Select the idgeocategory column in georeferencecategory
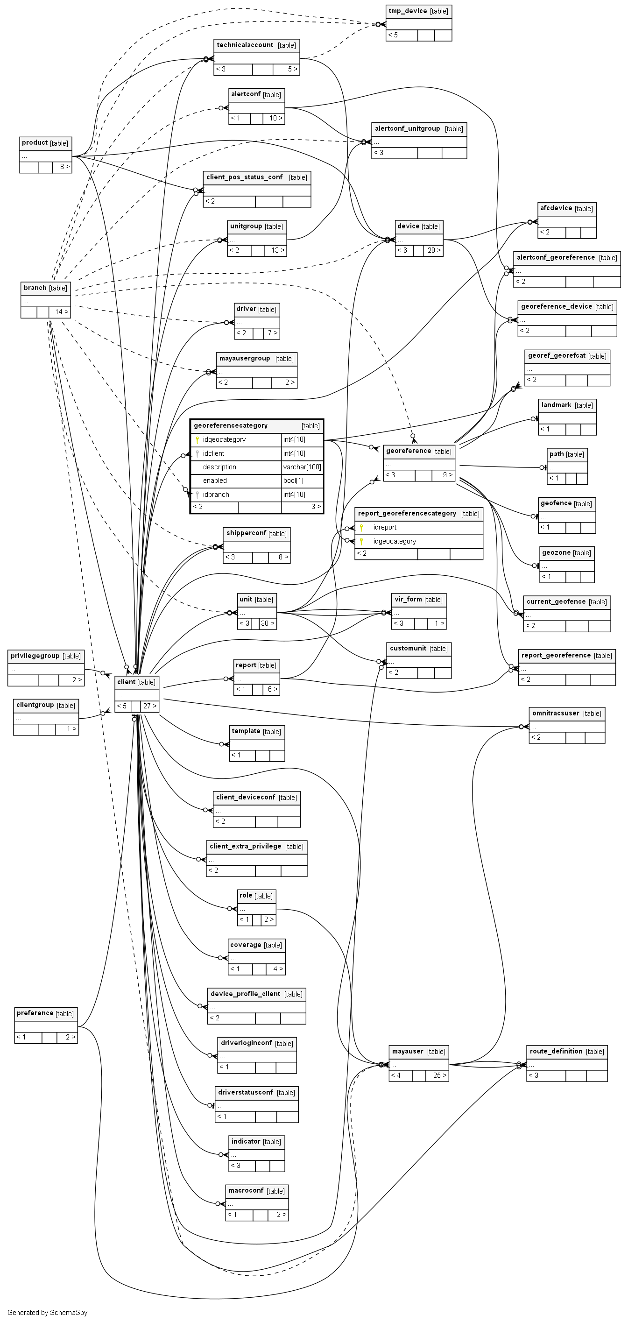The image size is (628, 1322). point(224,440)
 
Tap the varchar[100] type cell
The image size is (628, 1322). point(302,467)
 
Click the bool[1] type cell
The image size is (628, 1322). point(294,481)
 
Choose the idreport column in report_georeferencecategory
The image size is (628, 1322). point(385,528)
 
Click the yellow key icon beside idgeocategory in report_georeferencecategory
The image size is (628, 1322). point(361,541)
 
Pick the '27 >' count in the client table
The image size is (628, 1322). point(150,706)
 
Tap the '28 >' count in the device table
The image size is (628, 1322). point(434,250)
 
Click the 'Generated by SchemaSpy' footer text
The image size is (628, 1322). point(47,1313)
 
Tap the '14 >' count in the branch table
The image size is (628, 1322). point(62,312)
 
